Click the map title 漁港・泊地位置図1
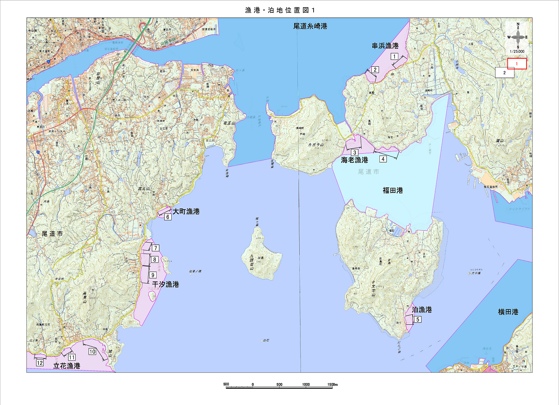[x=279, y=10]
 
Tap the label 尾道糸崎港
[x=310, y=26]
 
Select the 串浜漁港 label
[x=385, y=46]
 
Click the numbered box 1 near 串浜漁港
[x=394, y=56]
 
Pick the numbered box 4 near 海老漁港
[x=383, y=159]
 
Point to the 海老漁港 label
[x=354, y=160]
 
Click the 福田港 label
[x=392, y=191]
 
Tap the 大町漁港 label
[x=186, y=212]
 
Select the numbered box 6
[x=168, y=217]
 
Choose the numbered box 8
[x=155, y=260]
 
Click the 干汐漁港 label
[x=166, y=284]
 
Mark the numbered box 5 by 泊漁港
[x=418, y=319]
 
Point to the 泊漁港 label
[x=422, y=310]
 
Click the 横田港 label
[x=508, y=312]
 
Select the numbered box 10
[x=92, y=351]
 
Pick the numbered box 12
[x=40, y=363]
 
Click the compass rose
[x=518, y=38]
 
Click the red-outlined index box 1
[x=517, y=64]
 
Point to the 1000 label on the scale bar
[x=306, y=384]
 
